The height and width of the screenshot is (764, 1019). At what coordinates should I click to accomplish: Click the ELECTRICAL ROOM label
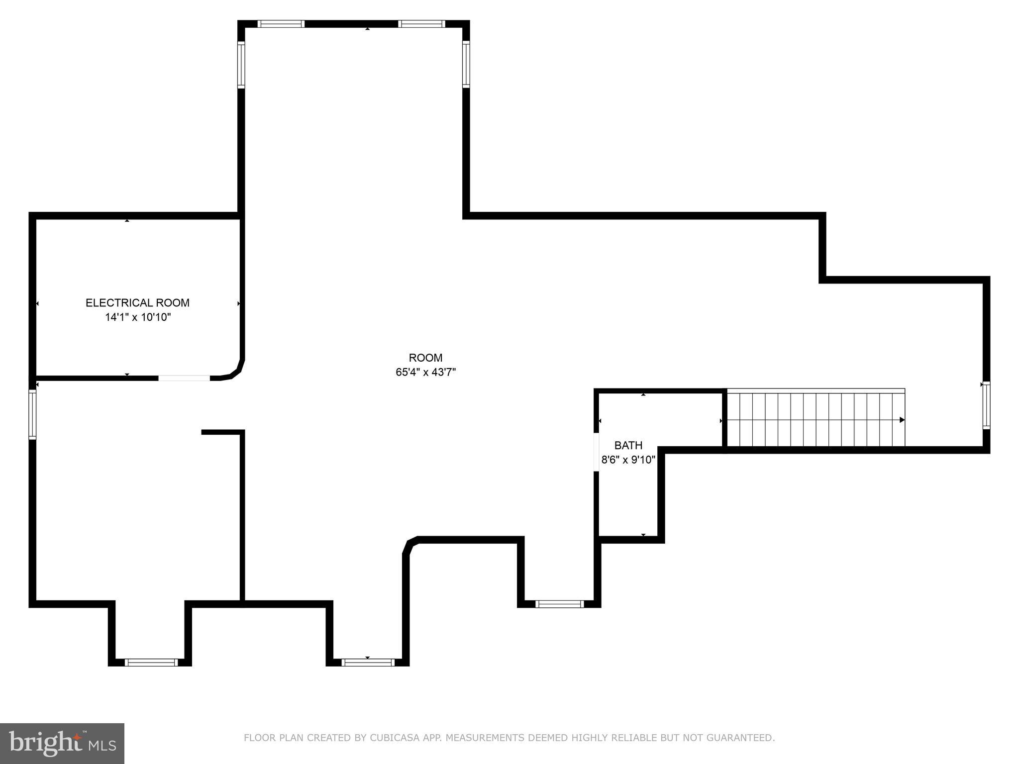point(137,303)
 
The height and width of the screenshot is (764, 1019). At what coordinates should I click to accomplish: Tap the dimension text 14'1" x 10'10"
point(138,317)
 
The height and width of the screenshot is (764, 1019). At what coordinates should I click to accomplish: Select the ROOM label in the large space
point(425,358)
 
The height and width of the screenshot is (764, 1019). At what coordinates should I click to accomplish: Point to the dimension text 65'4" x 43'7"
point(425,372)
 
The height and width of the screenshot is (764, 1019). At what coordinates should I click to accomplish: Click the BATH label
point(628,445)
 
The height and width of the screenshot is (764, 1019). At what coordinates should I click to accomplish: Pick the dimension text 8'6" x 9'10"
point(628,460)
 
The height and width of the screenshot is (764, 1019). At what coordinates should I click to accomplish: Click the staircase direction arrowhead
point(902,420)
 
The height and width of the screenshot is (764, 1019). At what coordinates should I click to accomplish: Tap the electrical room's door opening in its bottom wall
point(184,378)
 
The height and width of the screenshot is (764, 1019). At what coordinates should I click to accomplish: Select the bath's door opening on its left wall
point(596,452)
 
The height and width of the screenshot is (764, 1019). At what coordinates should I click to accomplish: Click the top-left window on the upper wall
point(281,23)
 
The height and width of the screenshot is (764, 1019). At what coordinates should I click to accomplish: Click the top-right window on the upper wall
point(421,23)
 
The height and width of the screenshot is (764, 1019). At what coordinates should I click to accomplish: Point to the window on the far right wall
point(986,405)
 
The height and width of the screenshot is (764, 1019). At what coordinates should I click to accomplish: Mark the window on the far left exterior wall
point(32,414)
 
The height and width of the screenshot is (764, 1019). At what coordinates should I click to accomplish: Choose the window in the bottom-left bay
point(151,662)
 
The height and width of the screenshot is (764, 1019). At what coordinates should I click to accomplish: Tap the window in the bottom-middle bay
point(368,662)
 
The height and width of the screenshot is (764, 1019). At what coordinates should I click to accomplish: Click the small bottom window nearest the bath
point(559,604)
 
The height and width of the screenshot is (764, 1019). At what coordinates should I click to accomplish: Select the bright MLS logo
point(62,743)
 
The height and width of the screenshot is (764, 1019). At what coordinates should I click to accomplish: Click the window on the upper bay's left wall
point(241,65)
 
